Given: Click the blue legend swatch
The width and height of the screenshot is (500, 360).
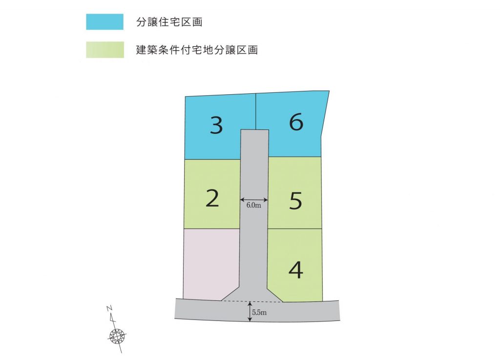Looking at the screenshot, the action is [104, 21].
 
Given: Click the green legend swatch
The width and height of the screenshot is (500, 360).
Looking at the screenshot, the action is [105, 50].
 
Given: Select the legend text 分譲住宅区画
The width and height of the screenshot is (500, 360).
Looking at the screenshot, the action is [169, 22].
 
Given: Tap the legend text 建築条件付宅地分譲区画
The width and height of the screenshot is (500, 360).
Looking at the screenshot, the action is [197, 50].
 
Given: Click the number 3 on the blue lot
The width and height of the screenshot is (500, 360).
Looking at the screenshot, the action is [216, 125].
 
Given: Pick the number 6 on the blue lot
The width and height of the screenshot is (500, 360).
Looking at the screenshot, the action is [296, 122].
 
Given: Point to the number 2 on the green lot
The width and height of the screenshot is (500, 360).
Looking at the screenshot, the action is [212, 198].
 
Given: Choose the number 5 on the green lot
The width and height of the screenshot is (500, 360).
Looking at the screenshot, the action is [295, 201].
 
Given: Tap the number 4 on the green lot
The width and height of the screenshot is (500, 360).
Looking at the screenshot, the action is [295, 270].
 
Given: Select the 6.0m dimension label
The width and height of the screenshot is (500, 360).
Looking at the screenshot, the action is [253, 205].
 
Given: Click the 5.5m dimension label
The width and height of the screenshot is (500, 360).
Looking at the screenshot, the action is [259, 313].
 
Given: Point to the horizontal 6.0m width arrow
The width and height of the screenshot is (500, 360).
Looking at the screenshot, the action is [254, 200].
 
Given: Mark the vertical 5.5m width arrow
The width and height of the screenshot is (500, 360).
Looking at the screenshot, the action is [250, 311].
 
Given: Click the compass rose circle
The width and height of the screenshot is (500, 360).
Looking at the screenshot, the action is [117, 336].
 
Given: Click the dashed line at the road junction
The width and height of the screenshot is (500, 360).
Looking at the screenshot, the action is [252, 301].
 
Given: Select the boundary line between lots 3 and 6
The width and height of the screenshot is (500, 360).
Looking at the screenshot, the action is [256, 111].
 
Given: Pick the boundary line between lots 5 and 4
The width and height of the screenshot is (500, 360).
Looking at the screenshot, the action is [294, 228].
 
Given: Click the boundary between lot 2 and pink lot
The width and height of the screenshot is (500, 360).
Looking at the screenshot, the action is [212, 228].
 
